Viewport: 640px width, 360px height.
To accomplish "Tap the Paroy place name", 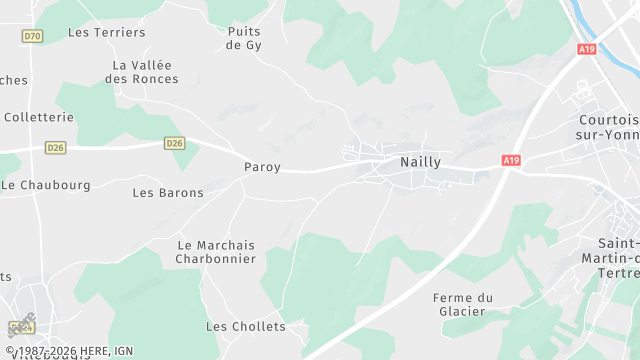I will tap(262, 167).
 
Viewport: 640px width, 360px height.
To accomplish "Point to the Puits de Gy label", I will tap(244, 38).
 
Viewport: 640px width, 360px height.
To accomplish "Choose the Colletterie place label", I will tap(38, 117).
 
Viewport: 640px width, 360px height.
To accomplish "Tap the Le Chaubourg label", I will tap(46, 185).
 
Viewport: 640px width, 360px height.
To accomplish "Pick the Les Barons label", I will tap(168, 193).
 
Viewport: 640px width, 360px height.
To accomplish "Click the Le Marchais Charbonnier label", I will tap(216, 252).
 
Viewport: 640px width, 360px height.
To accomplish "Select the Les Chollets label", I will tap(245, 327).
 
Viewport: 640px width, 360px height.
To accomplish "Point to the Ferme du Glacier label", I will tap(463, 304).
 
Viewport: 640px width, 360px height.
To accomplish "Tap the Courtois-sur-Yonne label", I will tap(608, 127).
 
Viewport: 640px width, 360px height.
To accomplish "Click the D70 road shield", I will tap(33, 36).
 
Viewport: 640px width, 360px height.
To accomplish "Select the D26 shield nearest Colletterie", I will tap(56, 148).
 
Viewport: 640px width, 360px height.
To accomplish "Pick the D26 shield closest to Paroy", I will tap(175, 143).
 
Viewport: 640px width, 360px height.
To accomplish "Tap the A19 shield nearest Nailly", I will tap(511, 160).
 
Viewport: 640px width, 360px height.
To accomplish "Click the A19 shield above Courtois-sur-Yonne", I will tap(587, 48).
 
